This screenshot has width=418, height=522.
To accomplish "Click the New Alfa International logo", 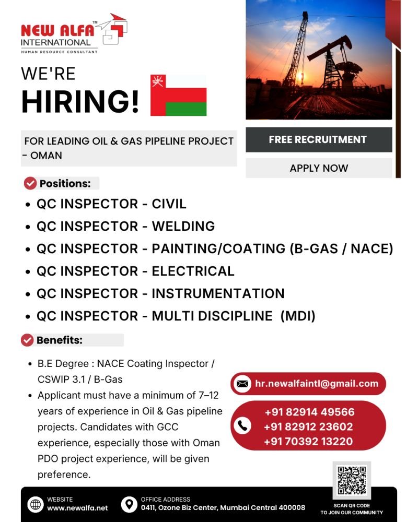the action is [x=73, y=33].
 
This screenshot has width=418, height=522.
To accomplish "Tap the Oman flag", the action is [x=179, y=95].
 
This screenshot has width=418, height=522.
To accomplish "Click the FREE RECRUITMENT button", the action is [x=318, y=139].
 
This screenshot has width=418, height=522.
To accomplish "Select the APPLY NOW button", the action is [x=318, y=168].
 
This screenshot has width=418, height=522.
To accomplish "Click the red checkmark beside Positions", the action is [x=30, y=183].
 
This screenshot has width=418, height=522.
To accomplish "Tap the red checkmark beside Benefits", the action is [x=27, y=340].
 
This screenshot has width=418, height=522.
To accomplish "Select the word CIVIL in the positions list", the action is [x=169, y=204].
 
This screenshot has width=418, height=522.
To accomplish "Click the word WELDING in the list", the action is [x=183, y=226].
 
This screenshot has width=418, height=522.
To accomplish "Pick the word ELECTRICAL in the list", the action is [x=193, y=271].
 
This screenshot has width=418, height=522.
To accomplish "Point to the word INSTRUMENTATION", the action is [x=218, y=293].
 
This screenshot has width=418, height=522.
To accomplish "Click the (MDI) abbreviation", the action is [x=298, y=316].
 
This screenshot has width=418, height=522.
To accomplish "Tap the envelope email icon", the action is [x=242, y=384].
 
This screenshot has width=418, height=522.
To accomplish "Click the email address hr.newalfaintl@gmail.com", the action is [x=317, y=384].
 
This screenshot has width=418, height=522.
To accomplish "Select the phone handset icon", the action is [x=241, y=426].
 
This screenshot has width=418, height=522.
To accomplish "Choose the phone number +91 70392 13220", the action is [x=308, y=442].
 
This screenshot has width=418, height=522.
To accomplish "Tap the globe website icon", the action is [x=36, y=505].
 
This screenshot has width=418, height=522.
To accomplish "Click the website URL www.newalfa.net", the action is [x=77, y=507].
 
